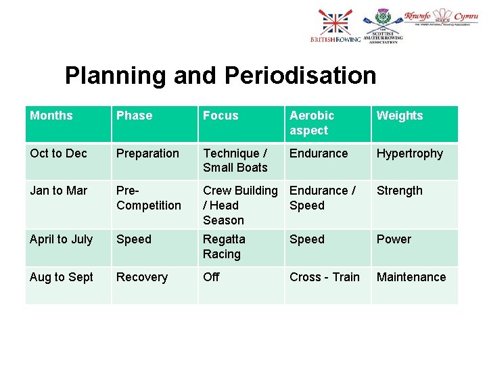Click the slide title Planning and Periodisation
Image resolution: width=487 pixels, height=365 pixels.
point(221,76)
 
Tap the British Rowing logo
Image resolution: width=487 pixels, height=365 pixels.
point(335,26)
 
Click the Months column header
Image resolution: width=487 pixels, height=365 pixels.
point(51,116)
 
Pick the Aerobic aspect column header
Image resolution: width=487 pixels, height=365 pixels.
point(312,123)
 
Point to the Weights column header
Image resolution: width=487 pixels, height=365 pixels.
point(399,116)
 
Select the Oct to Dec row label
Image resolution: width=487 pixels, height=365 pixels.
point(58,153)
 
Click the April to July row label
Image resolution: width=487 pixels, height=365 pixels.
point(61,239)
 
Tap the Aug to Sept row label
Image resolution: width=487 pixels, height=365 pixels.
point(62,277)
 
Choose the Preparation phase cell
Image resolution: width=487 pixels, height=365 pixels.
point(147,153)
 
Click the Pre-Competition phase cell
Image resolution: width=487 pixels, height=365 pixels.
point(149,198)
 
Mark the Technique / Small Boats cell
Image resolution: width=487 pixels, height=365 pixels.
point(235,161)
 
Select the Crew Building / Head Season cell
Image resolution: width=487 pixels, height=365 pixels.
point(240,205)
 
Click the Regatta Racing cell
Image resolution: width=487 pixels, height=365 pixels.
point(224,247)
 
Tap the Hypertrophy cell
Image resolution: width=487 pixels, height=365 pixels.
point(409,153)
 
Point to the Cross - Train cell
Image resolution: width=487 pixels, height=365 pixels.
point(325,277)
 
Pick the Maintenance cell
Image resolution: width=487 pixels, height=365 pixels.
point(411,277)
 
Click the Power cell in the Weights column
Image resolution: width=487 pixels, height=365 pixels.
point(394,239)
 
